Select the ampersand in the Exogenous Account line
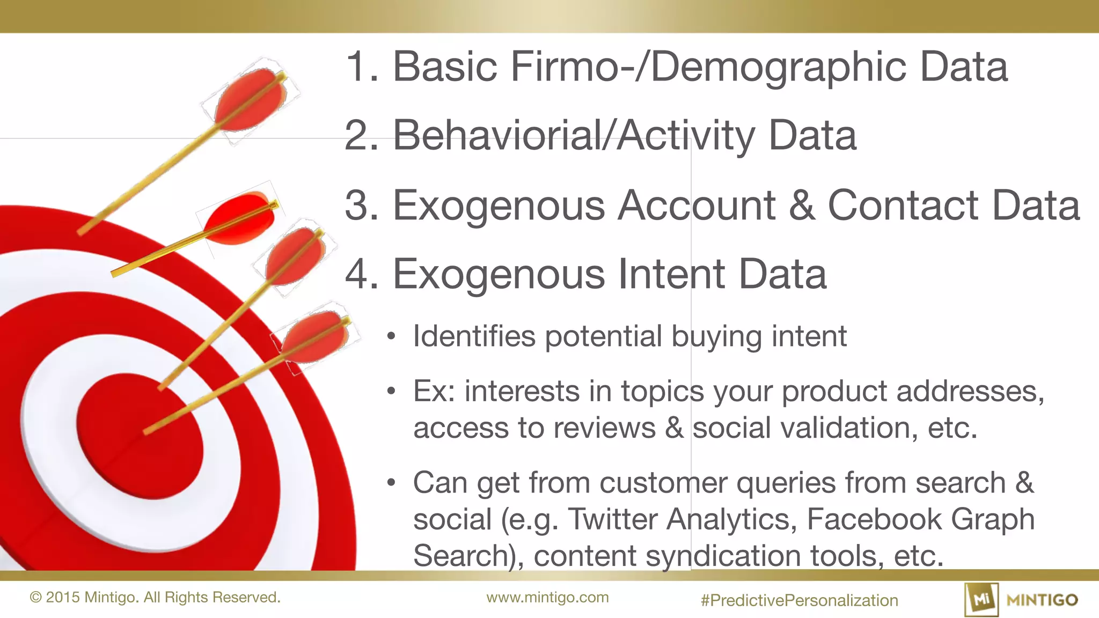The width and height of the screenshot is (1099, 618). click(802, 205)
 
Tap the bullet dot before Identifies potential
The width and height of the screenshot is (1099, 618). click(391, 337)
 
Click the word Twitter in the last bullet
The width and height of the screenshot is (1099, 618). click(612, 519)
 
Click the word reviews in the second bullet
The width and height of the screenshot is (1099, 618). click(604, 428)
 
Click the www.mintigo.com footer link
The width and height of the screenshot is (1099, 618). click(547, 598)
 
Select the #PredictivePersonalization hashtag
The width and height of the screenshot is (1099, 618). click(799, 600)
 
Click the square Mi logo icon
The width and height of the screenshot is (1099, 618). click(981, 599)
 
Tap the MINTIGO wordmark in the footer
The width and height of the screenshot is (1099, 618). click(1042, 600)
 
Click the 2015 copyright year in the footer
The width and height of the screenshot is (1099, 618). click(63, 598)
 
